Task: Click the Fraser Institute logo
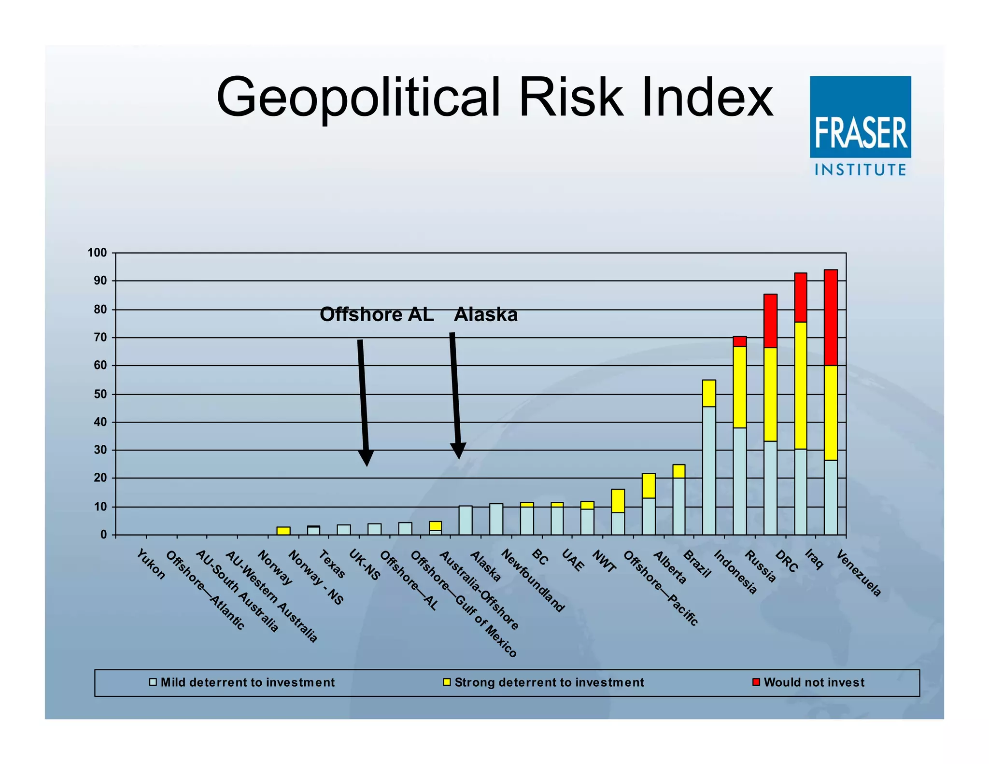[x=860, y=126]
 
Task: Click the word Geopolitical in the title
[x=357, y=98]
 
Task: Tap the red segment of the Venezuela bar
[x=831, y=317]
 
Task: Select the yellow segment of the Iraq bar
[x=800, y=385]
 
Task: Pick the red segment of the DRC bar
[x=770, y=321]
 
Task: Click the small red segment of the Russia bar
[x=739, y=341]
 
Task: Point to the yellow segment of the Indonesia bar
[x=709, y=393]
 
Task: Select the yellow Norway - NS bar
[x=283, y=531]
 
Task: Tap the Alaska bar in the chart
[x=466, y=520]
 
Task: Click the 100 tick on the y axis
[x=97, y=253]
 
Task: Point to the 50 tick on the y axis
[x=100, y=394]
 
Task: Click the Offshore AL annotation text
[x=377, y=315]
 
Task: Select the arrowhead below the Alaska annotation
[x=458, y=451]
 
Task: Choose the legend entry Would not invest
[x=814, y=682]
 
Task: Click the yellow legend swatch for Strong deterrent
[x=447, y=682]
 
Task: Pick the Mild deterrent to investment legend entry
[x=247, y=682]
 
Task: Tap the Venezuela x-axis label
[x=859, y=573]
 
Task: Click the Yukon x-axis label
[x=151, y=564]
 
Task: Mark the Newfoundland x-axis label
[x=533, y=580]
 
